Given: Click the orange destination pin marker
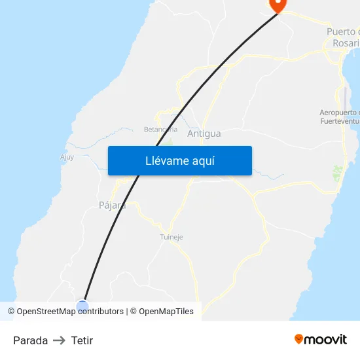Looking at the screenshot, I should pos(278,5).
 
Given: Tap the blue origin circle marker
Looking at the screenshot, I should pos(82,306).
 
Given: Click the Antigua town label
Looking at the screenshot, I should pos(204,134).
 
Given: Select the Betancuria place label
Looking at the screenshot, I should pos(160,129).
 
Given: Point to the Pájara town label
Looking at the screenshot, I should pos(111,205).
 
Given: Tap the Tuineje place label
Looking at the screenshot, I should pos(171,237).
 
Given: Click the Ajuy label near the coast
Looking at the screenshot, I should pos(67,157).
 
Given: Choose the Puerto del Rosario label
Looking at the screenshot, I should pos(343,37).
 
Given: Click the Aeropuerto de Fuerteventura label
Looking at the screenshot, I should pos(339,116).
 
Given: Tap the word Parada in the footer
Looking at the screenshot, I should pos(30,340).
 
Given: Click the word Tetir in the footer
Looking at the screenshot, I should pos(82,340).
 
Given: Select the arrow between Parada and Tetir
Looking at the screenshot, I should pos(60,340).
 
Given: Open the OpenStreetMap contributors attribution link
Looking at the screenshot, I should pos(69,312).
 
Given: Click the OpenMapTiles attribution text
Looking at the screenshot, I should pos(166,312).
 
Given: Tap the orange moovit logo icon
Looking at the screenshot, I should pos(299,339).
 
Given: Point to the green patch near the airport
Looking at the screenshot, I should pos(338,173).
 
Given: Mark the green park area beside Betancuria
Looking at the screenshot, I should pos(168,141).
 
